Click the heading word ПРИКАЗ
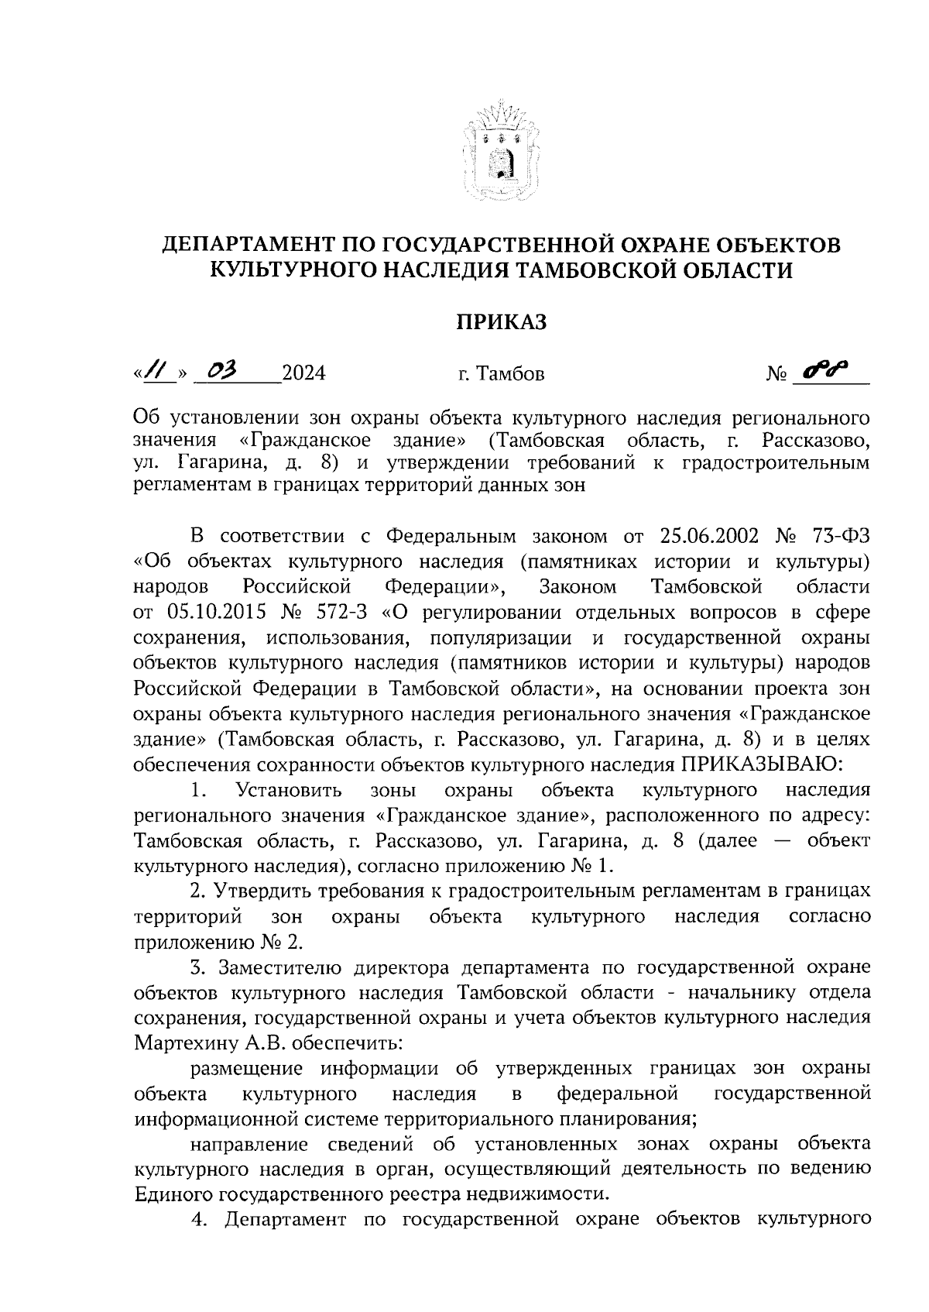click(x=500, y=321)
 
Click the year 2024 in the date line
click(x=303, y=374)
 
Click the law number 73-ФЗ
click(x=842, y=536)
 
